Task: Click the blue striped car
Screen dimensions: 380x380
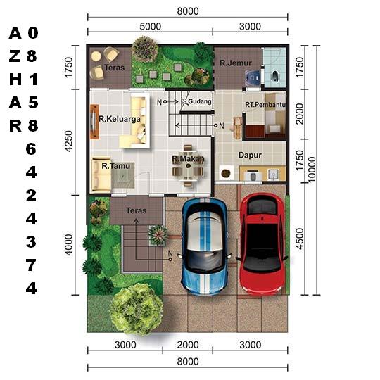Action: click(x=205, y=246)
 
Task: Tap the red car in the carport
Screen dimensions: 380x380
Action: click(x=262, y=243)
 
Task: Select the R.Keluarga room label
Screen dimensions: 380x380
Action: click(x=120, y=119)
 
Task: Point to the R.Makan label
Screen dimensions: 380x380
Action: click(x=189, y=159)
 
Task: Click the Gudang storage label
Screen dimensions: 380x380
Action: click(x=200, y=101)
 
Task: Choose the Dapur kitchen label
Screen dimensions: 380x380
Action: click(x=250, y=155)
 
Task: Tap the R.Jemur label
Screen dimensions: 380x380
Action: click(x=236, y=63)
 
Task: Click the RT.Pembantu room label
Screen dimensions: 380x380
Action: click(x=265, y=105)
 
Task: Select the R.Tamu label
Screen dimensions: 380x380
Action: click(x=116, y=166)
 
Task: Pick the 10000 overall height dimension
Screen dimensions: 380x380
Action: click(x=312, y=169)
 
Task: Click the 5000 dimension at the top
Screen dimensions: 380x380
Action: click(x=151, y=27)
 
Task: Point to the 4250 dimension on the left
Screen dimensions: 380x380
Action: click(x=69, y=141)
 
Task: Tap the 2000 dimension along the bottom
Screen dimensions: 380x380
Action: click(x=188, y=345)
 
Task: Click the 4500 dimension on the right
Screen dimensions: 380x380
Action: click(x=300, y=239)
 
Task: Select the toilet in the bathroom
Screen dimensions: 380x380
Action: click(x=275, y=75)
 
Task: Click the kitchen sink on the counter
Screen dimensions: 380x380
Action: click(x=273, y=175)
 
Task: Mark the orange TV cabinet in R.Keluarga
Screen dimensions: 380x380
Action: click(x=94, y=122)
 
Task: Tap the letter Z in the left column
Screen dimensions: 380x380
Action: click(x=15, y=56)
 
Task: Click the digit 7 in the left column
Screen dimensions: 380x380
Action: click(x=31, y=265)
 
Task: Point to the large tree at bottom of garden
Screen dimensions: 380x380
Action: click(x=137, y=309)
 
